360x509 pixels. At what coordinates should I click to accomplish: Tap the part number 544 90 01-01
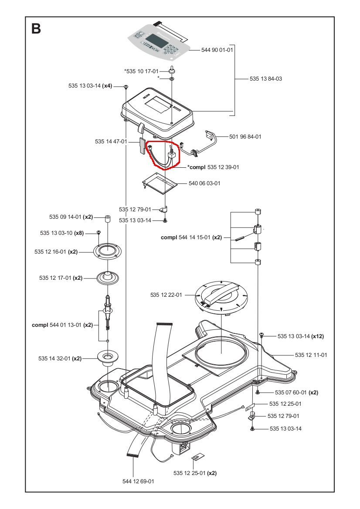pos(217,50)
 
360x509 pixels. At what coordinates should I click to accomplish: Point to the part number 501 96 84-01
pos(245,136)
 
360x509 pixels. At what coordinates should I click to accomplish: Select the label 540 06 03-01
pos(204,183)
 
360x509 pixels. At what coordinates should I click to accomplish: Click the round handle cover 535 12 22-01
pos(221,296)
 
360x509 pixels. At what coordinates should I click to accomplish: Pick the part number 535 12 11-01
pos(311,355)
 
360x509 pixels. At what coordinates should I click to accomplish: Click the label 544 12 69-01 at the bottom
pos(138,481)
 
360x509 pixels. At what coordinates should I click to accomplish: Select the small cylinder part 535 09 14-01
pos(106,217)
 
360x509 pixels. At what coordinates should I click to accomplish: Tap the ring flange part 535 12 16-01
pos(106,251)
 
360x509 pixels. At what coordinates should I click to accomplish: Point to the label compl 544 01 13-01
pos(62,325)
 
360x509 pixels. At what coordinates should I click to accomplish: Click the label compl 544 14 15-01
pos(191,238)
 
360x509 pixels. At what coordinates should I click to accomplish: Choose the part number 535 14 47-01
pos(111,142)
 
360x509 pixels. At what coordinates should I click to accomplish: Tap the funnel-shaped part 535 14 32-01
pos(106,357)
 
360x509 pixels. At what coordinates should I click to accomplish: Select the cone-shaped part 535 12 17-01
pos(106,277)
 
